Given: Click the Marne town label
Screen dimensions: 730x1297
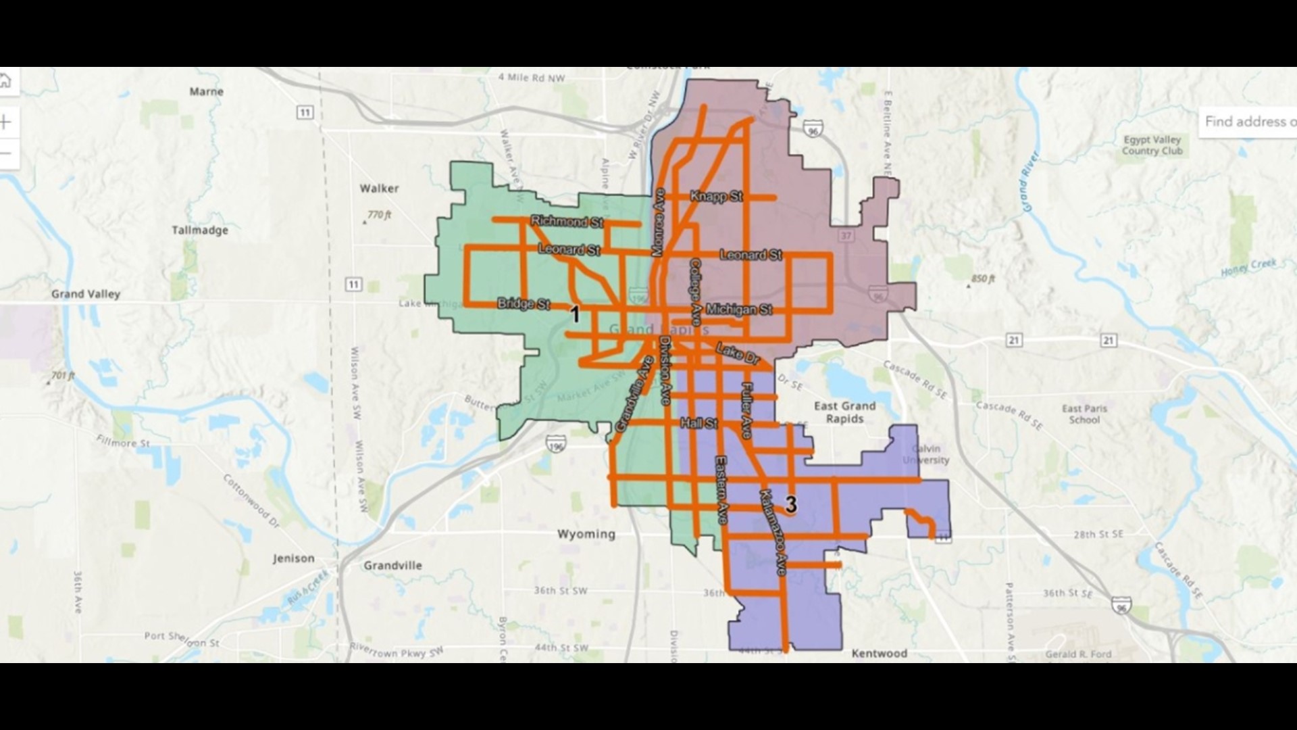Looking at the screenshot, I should [x=206, y=91].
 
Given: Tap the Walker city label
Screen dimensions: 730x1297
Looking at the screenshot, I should [x=379, y=189].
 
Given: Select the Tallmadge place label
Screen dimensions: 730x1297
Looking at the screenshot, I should [x=199, y=230].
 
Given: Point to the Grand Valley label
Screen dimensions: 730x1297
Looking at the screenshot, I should [x=86, y=294].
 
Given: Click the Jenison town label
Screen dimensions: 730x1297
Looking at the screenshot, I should [x=293, y=558].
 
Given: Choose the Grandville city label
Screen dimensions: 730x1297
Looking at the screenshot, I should [x=392, y=565].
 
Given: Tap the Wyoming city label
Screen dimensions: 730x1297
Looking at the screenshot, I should [x=586, y=534].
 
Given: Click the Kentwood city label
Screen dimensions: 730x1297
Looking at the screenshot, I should [x=879, y=653].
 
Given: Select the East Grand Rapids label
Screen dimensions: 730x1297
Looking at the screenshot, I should [x=844, y=412].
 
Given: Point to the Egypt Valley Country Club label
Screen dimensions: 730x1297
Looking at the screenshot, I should [x=1152, y=145].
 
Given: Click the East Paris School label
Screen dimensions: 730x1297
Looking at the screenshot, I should [x=1084, y=414].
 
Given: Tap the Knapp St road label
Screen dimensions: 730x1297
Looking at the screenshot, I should [x=715, y=197].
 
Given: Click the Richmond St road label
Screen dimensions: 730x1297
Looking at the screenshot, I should [x=567, y=221].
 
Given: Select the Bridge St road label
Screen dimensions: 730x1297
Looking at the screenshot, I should [x=524, y=303].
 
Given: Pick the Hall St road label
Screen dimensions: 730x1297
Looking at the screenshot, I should [x=698, y=423].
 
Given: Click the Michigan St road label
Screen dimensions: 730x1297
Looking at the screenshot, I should [x=738, y=310].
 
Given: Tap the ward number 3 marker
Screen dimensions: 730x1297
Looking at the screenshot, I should [x=790, y=504].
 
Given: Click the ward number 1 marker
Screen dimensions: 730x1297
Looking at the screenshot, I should [x=575, y=314].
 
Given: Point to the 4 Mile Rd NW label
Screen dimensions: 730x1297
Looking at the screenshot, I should [x=531, y=78].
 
